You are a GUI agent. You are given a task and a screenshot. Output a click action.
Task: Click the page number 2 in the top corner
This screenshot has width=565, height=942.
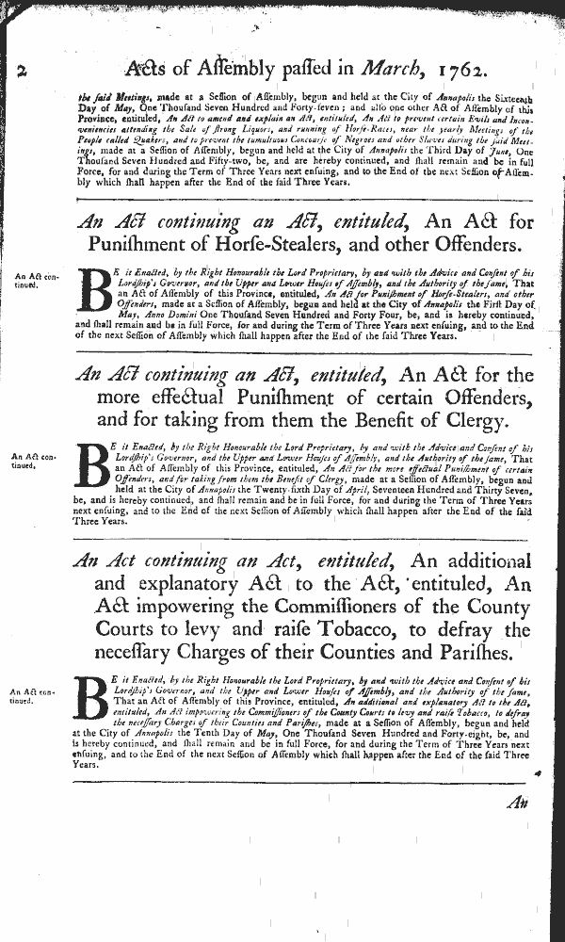coord(22,70)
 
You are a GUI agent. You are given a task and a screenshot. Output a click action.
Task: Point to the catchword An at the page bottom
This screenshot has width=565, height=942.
coord(517,802)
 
